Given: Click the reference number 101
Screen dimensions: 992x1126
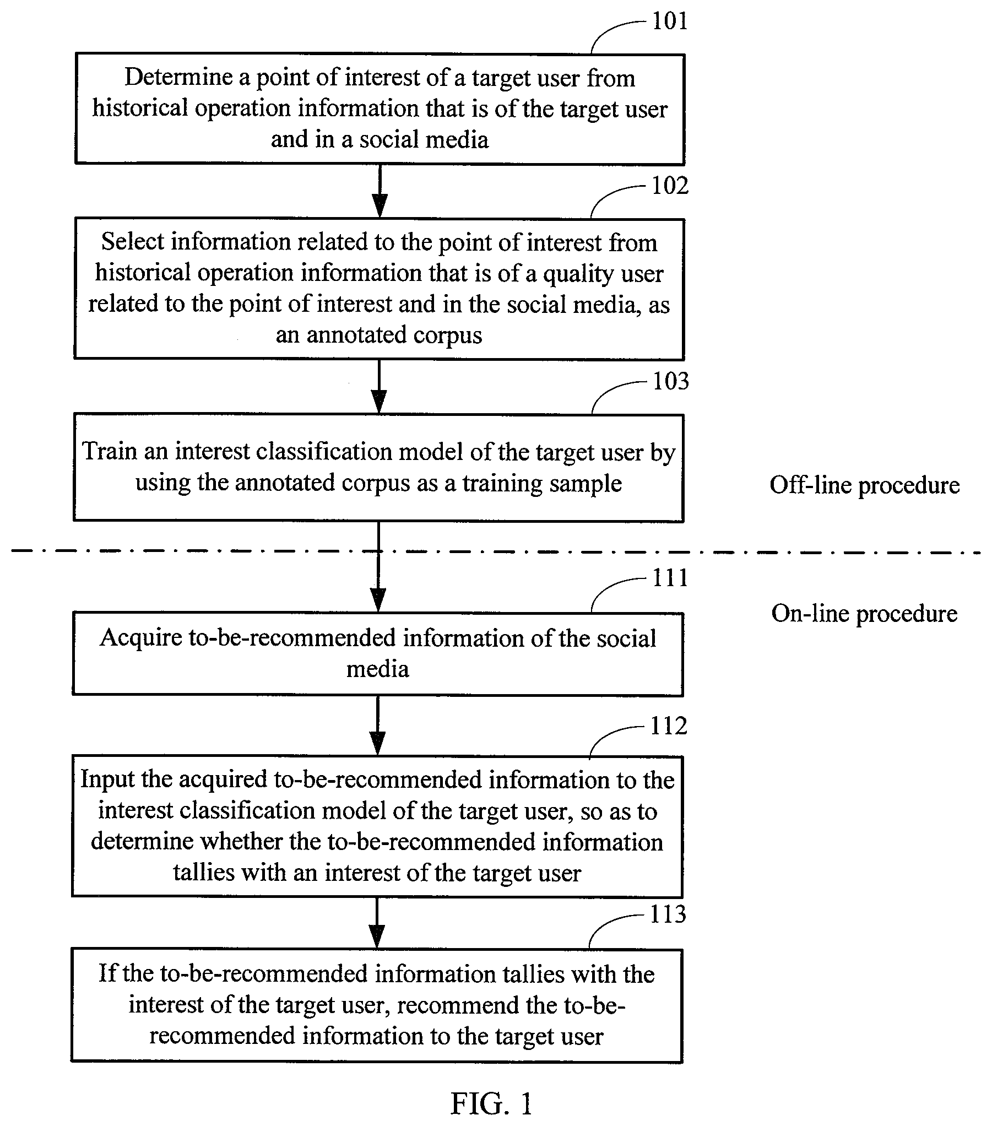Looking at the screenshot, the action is pos(670,21).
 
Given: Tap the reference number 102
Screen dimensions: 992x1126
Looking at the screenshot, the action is pos(670,186).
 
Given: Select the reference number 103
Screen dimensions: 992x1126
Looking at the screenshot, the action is pos(670,381).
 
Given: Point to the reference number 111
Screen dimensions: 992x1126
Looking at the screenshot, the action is pos(670,578).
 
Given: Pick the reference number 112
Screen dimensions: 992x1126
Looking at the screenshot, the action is pos(669,726).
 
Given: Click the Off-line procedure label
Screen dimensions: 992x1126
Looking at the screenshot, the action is pos(864,485).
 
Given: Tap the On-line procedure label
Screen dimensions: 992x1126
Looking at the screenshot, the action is pos(864,614).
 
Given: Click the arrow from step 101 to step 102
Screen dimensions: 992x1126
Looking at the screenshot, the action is pos(380,191).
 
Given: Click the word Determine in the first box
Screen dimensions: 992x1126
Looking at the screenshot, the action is pos(178,78).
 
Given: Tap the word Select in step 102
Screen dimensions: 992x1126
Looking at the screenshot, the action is pos(133,242).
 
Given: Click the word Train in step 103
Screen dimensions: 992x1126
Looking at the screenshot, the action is pos(109,451).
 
